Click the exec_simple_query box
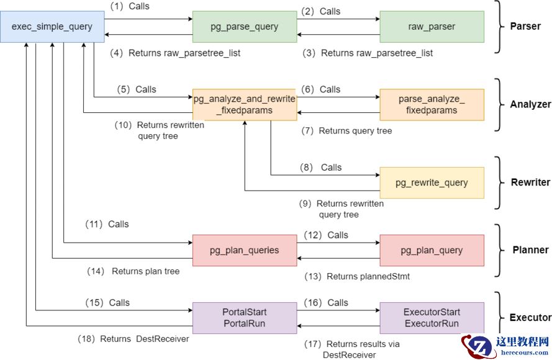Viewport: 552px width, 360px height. click(x=52, y=27)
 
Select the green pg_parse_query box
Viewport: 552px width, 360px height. click(x=245, y=27)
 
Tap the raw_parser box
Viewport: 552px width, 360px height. click(x=432, y=27)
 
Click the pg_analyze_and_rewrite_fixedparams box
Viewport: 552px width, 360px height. click(x=245, y=104)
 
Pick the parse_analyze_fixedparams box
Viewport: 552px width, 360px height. click(x=432, y=104)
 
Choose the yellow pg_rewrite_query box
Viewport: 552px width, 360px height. click(x=432, y=182)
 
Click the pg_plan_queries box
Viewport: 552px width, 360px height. click(x=245, y=250)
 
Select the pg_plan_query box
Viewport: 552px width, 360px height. click(x=432, y=250)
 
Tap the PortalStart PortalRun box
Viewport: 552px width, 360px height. click(x=245, y=318)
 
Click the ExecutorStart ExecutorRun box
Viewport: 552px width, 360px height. click(x=432, y=318)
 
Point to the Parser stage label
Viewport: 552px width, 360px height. click(x=525, y=27)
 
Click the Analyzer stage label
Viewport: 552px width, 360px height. click(x=530, y=104)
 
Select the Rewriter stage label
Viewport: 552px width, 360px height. click(x=530, y=182)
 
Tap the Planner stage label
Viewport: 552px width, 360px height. click(x=530, y=250)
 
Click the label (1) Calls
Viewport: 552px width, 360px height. click(x=130, y=7)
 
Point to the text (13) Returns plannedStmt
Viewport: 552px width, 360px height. click(x=357, y=276)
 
